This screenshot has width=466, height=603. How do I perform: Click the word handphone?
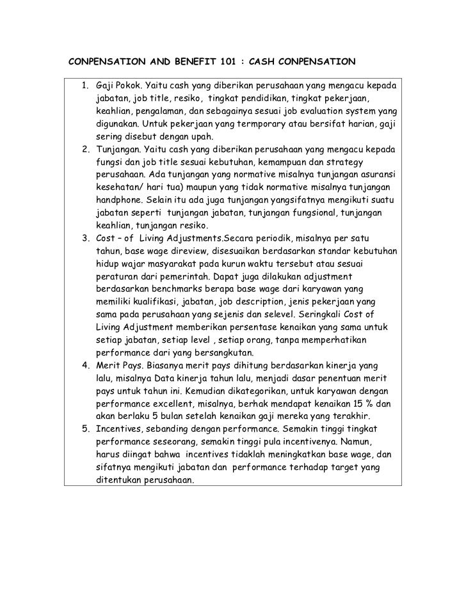(118, 201)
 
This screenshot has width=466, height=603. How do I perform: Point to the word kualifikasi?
(150, 302)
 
